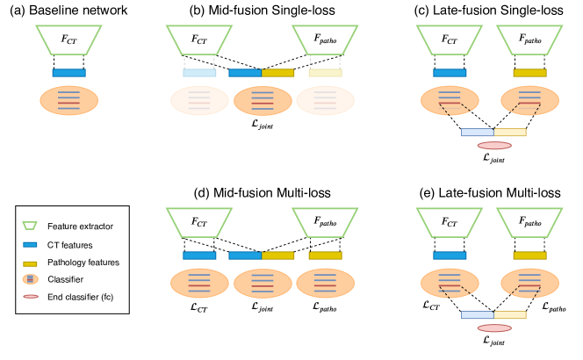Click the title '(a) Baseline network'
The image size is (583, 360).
(x=68, y=10)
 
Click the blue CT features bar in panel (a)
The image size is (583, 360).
(x=68, y=72)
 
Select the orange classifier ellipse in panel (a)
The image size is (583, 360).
(x=68, y=99)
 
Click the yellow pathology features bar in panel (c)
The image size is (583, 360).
(x=529, y=72)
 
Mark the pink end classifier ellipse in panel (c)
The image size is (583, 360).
(x=493, y=145)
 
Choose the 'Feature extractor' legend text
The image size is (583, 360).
(x=84, y=227)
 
